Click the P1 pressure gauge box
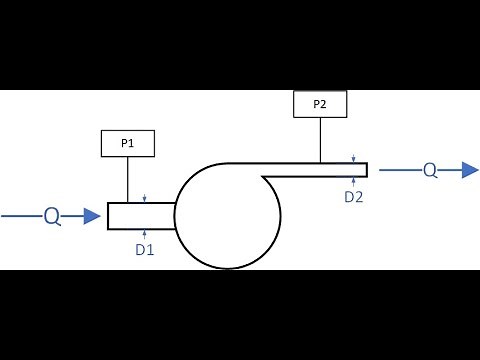tap(128, 144)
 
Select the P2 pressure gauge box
tap(320, 104)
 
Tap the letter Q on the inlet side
tap(51, 215)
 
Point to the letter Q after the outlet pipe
tap(430, 170)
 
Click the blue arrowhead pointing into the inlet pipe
tap(92, 215)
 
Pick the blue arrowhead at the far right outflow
tap(469, 170)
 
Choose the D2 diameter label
tap(354, 197)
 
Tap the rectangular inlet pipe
tap(141, 216)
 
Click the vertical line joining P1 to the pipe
tap(128, 180)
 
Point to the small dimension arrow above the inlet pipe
tap(146, 198)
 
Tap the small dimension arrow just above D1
tap(146, 233)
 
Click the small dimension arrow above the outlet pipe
tap(354, 158)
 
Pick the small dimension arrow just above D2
tap(354, 181)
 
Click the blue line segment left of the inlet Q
tap(20, 215)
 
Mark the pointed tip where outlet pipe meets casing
tap(263, 178)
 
